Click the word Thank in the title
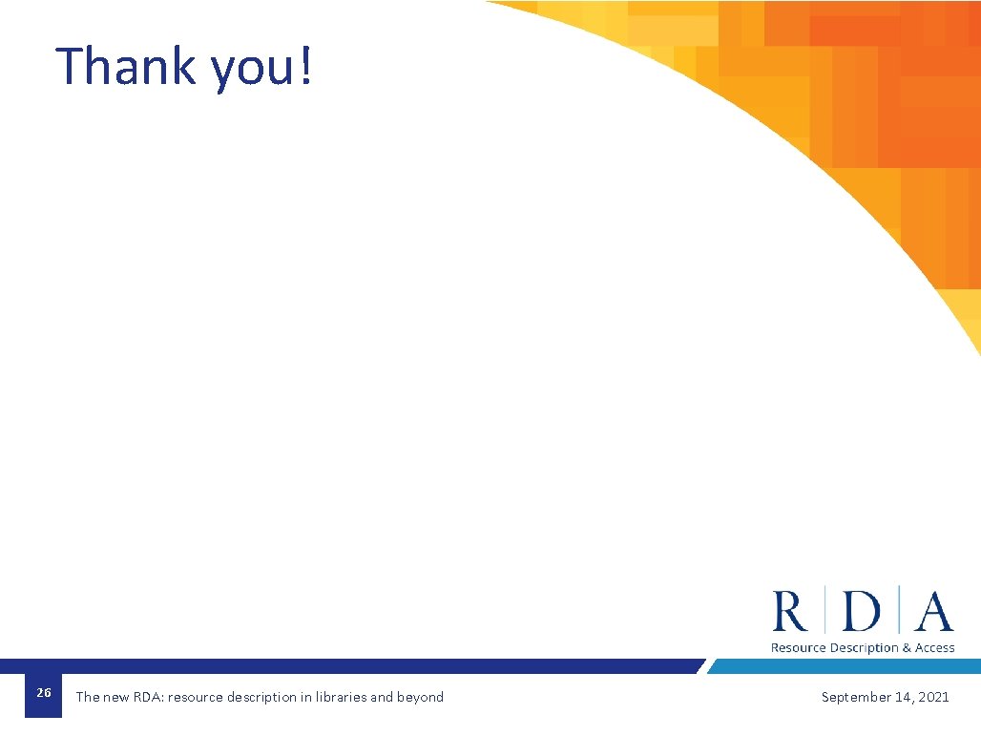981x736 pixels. coord(125,66)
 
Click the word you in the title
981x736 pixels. coord(250,69)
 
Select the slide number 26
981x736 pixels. coord(43,693)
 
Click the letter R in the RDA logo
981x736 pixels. coord(790,611)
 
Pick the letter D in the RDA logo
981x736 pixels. coord(862,611)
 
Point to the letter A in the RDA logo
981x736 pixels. coord(933,611)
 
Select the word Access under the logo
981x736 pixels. coord(935,648)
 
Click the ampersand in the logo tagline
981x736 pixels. coord(907,648)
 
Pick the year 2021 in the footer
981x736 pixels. coord(934,697)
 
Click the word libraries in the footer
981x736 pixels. coord(341,697)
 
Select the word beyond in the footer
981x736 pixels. coord(420,697)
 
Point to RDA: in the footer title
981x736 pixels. coord(148,697)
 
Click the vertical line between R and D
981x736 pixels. coord(825,611)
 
